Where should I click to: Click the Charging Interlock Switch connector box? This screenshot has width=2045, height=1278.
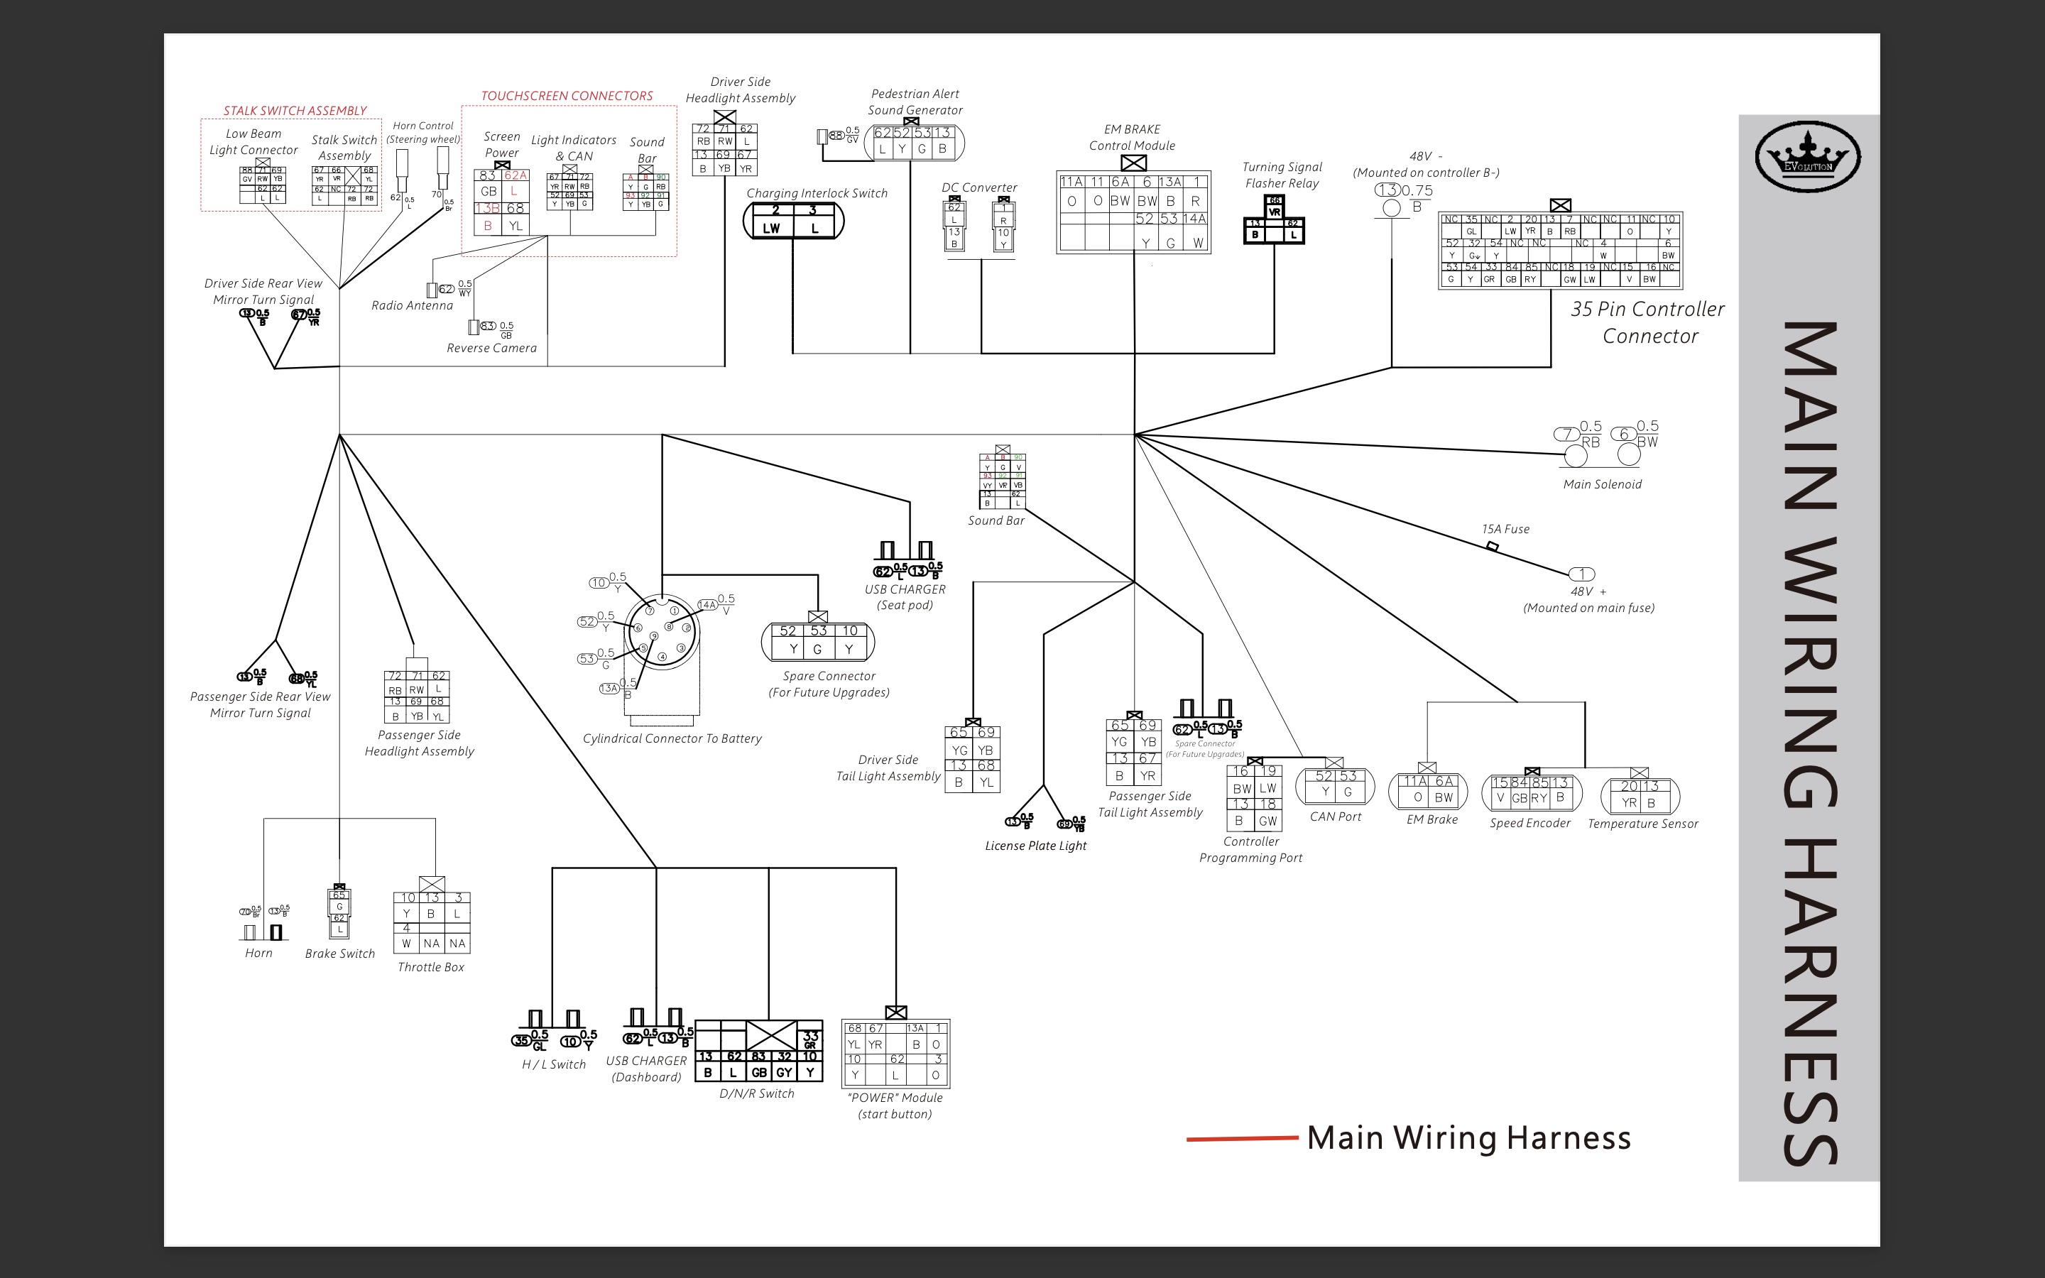792,221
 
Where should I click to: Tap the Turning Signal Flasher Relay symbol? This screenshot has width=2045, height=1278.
1273,222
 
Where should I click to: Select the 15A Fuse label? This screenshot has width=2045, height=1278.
1505,529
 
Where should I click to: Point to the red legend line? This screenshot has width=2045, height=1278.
1241,1139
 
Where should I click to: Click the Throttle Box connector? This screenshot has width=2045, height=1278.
432,922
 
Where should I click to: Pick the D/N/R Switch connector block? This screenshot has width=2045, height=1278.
758,1052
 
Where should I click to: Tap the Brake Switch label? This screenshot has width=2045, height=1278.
339,954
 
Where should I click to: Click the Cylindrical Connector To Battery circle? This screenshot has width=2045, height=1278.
662,631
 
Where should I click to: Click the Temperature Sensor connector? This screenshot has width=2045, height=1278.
1640,795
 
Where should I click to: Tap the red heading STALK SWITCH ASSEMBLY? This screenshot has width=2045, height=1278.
295,111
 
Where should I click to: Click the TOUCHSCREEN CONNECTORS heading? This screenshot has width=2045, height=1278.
567,97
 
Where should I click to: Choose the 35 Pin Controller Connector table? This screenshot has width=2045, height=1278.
1560,250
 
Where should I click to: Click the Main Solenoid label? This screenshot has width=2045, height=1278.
1602,484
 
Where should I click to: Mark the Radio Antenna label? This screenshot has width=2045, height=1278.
413,305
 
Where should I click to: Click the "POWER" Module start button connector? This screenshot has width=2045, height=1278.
895,1053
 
